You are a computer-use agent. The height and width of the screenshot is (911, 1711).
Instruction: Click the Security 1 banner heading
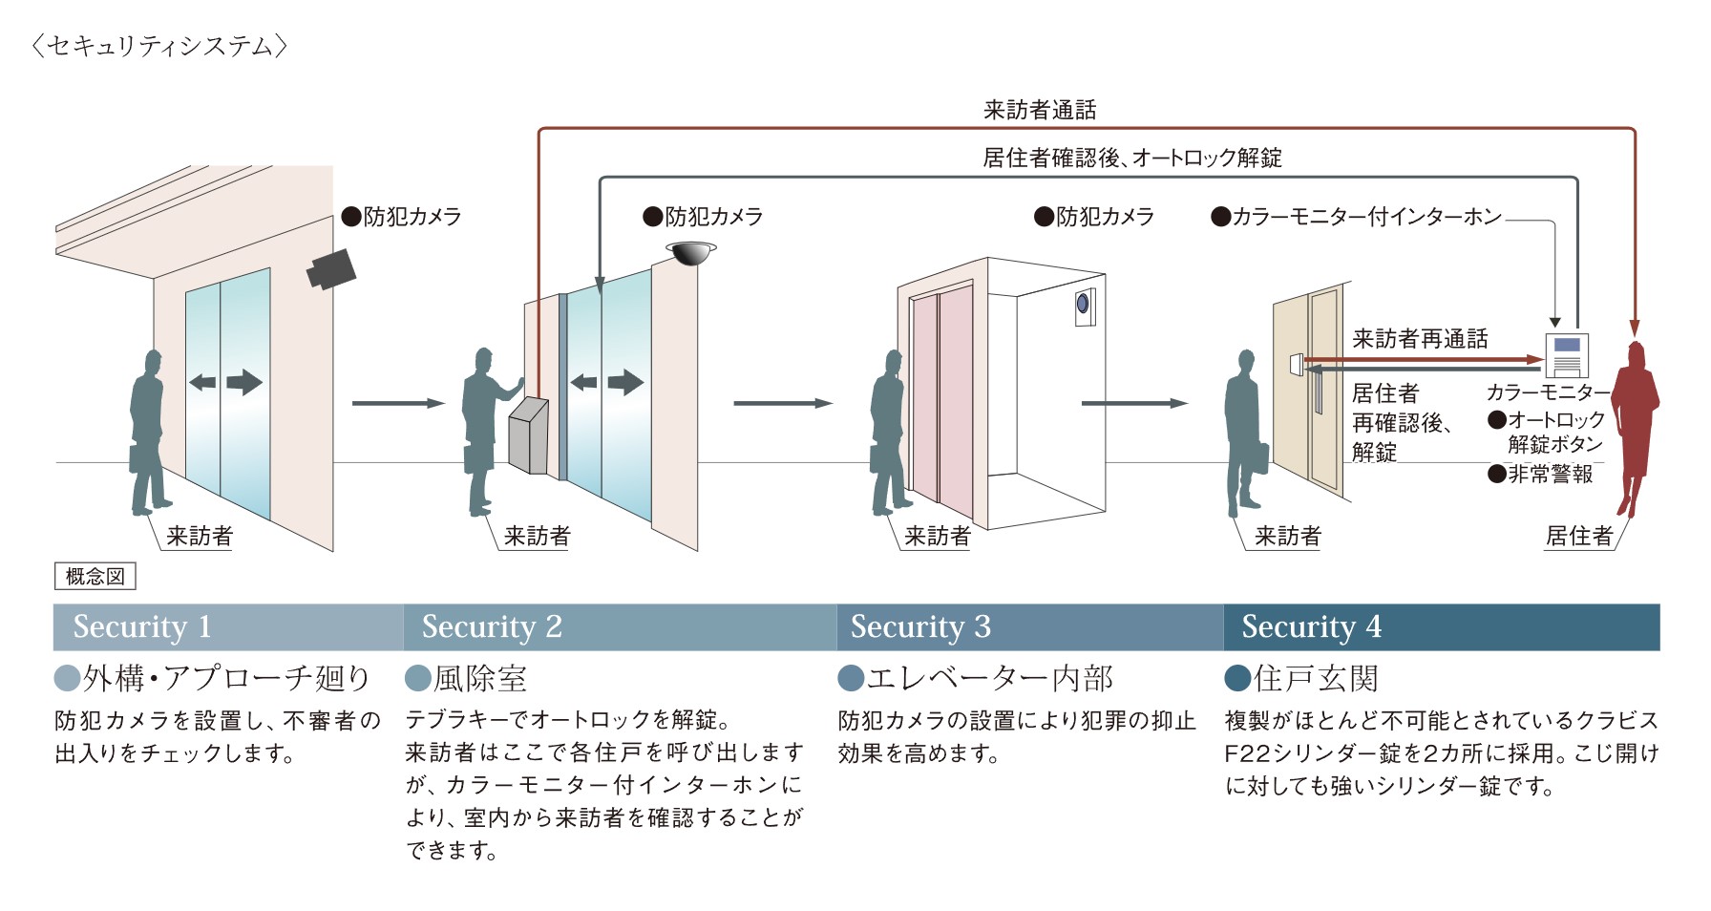coord(141,626)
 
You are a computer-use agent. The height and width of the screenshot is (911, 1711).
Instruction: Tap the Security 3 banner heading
coord(920,626)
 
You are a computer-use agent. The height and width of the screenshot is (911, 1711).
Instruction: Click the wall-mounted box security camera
coord(331,268)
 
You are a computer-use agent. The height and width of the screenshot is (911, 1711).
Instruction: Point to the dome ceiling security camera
coord(690,253)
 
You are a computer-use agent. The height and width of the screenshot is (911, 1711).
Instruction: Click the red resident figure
coord(1636,425)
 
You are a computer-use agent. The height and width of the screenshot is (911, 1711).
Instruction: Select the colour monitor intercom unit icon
coord(1566,355)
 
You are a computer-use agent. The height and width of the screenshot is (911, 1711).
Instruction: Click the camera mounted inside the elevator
coord(1084,306)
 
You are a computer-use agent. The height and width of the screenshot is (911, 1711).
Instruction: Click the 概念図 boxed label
coord(95,576)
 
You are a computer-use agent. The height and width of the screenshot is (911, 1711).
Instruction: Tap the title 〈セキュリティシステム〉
coord(159,46)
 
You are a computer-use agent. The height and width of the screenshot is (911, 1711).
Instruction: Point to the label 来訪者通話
coord(1040,111)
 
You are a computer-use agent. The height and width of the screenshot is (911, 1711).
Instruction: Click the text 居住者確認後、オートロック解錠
coord(1131,158)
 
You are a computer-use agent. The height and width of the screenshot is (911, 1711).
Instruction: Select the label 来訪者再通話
coord(1420,339)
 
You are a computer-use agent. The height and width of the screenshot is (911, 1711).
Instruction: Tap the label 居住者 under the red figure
coord(1578,536)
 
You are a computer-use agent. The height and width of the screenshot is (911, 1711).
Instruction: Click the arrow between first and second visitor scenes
coord(398,403)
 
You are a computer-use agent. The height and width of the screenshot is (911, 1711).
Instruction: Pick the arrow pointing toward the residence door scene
coord(1133,403)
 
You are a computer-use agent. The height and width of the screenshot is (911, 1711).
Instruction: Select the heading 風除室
coord(479,679)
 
